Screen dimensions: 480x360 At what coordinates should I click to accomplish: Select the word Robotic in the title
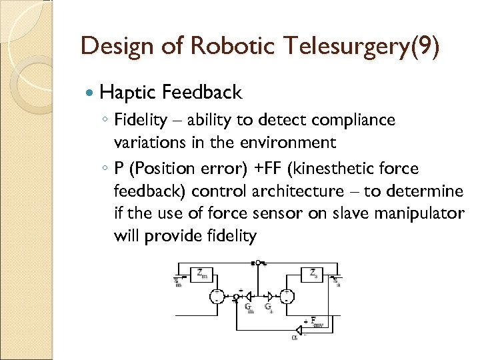(223, 47)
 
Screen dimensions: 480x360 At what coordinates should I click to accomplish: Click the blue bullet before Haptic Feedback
(91, 92)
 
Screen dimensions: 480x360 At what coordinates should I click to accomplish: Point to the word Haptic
(129, 92)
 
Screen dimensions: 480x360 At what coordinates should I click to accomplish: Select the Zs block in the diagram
(313, 273)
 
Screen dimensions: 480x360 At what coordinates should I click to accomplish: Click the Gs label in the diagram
(267, 307)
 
